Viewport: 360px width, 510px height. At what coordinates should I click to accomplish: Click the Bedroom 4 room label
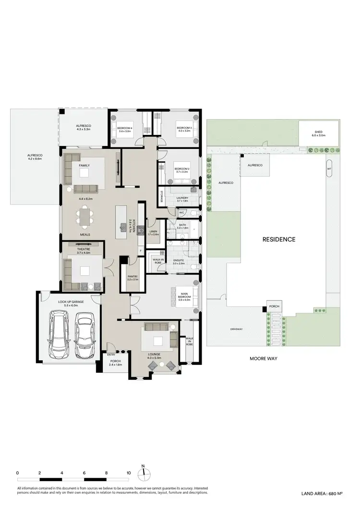124,128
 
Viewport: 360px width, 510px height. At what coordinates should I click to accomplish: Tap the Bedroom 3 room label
184,128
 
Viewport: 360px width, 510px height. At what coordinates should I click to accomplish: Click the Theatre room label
83,249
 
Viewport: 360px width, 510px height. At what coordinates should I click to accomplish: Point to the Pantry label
132,277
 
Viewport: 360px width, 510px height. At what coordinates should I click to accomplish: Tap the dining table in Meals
85,217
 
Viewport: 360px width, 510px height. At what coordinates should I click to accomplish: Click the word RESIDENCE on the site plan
278,239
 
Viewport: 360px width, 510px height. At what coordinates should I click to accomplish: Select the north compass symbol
143,473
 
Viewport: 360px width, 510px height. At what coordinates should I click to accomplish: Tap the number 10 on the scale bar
129,473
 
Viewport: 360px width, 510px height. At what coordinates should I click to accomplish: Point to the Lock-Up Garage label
68,302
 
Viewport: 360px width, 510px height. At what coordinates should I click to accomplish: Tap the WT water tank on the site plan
329,169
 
